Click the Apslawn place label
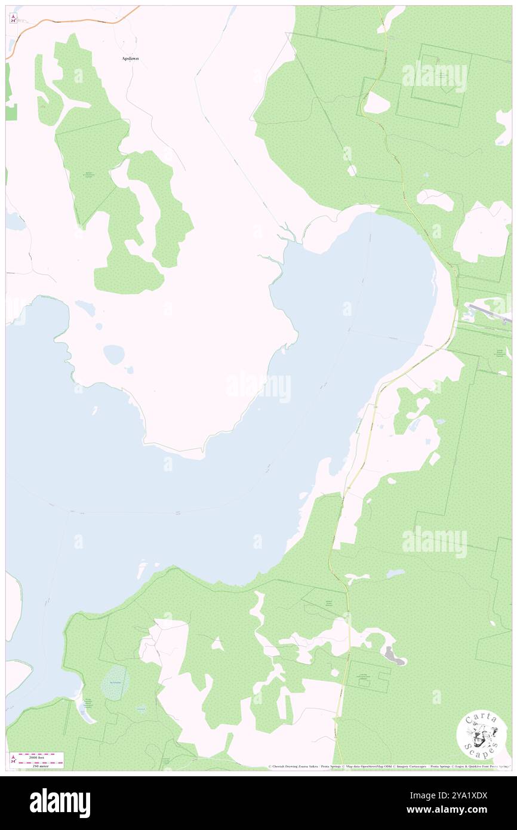pyautogui.click(x=131, y=59)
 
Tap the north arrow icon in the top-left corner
pyautogui.click(x=13, y=19)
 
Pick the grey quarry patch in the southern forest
pyautogui.click(x=395, y=656)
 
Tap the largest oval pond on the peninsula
pyautogui.click(x=113, y=355)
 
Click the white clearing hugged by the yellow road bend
pyautogui.click(x=376, y=103)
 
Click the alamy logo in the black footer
pyautogui.click(x=60, y=803)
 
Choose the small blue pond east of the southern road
pyautogui.click(x=395, y=574)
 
